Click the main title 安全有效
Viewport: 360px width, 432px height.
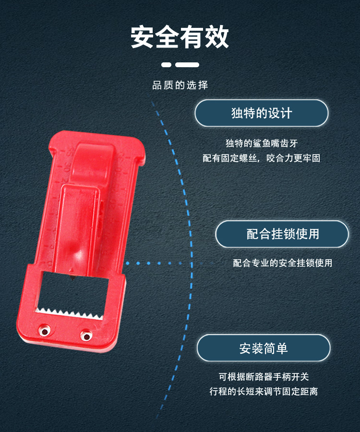coord(180,37)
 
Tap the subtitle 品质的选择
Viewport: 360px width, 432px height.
coord(180,85)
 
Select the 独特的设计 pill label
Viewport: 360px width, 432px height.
coord(262,113)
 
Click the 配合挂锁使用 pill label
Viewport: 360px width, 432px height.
coord(282,234)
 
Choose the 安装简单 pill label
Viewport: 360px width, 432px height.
coord(264,348)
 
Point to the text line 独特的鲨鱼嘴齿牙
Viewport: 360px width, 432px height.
coord(262,143)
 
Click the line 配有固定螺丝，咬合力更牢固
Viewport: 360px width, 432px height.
coord(262,158)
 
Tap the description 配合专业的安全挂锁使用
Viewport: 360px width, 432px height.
coord(283,263)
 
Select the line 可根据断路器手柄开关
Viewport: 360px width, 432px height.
coord(264,377)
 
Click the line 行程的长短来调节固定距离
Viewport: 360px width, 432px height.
coord(264,391)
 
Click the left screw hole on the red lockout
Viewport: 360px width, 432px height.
coord(45,330)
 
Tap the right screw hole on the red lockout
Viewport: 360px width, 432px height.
coord(86,335)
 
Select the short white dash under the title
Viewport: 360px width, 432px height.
coord(166,65)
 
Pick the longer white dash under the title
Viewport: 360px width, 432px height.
coord(187,65)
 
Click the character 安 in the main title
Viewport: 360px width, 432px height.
coord(142,37)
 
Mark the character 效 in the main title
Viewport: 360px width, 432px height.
coord(217,37)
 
